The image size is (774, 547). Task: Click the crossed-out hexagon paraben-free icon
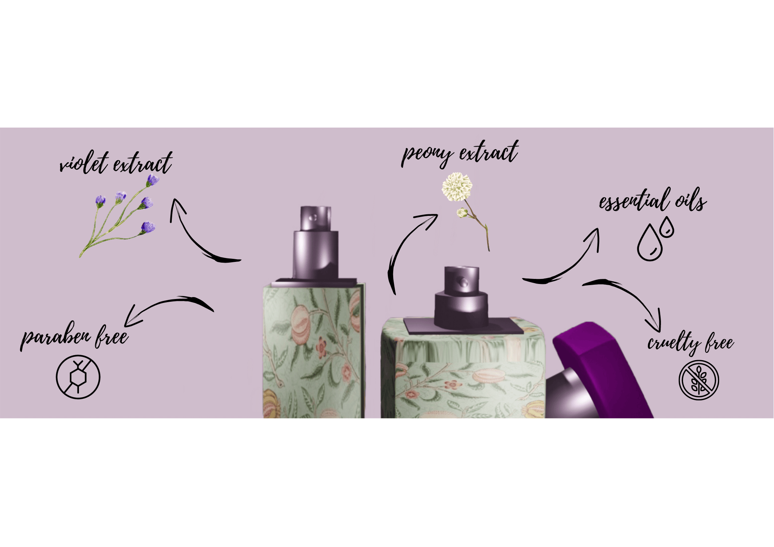point(78,377)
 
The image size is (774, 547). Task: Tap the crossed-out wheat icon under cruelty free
point(699,380)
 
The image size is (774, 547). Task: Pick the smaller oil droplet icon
point(667,227)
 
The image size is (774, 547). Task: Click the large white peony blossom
point(457,187)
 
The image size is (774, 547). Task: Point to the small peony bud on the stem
point(462,212)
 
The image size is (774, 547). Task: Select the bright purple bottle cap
point(604,371)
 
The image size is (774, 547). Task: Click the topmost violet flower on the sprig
point(152,180)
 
